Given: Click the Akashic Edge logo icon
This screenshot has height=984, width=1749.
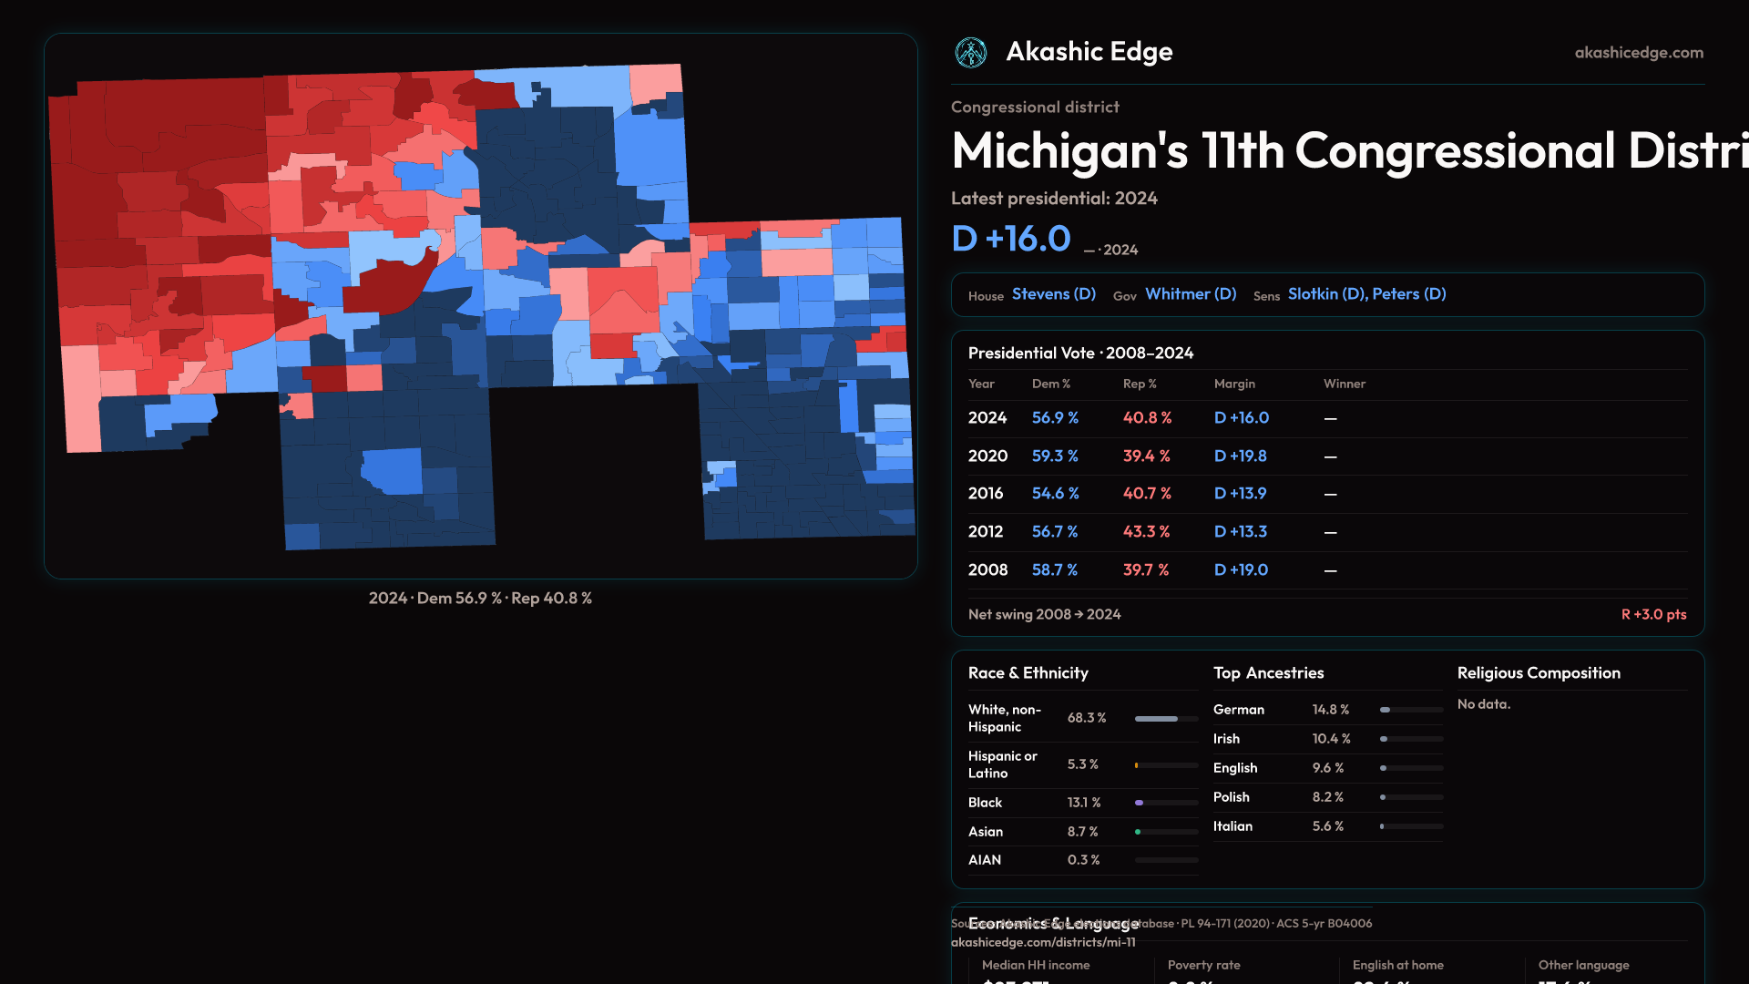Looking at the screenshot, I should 970,53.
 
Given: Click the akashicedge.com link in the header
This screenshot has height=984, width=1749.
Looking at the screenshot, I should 1639,53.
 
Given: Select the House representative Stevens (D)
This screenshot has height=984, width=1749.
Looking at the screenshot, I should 1053,294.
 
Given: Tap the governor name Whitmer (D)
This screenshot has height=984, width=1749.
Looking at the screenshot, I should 1191,294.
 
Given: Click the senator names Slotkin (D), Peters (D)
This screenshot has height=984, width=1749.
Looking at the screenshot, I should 1366,294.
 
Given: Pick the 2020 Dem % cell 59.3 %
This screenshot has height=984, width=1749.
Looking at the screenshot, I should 1055,456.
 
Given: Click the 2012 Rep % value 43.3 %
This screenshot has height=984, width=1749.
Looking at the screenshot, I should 1146,531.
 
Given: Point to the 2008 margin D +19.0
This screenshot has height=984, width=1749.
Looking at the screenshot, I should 1241,569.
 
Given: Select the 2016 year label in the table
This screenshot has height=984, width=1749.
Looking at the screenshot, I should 986,493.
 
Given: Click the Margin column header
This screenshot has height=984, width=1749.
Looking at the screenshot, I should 1234,384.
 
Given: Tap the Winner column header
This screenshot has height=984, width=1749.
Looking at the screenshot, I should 1344,384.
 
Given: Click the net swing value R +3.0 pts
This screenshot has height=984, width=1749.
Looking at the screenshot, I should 1653,614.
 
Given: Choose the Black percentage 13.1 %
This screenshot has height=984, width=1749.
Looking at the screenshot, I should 1084,803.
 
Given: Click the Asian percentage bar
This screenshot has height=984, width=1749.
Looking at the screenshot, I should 1166,832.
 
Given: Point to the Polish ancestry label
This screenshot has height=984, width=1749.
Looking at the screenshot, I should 1231,797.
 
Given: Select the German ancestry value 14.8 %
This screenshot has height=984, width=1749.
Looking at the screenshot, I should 1330,710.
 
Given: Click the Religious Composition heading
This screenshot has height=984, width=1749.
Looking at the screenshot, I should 1539,673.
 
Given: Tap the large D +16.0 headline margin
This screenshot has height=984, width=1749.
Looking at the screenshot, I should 1011,239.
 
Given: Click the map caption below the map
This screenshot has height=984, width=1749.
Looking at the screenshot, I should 480,599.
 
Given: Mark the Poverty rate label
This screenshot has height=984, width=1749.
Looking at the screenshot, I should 1203,965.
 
